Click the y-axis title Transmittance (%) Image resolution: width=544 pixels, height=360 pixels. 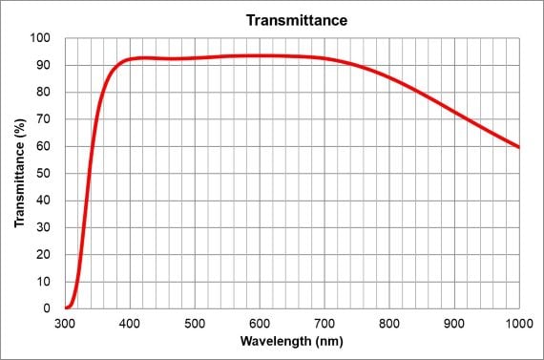[20, 172]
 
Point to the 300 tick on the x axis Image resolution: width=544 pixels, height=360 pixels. [65, 323]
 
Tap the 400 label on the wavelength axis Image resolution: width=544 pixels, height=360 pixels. [130, 323]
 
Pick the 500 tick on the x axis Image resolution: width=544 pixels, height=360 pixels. [195, 323]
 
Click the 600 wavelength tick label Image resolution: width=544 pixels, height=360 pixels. [260, 323]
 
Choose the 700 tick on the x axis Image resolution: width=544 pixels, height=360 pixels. [324, 323]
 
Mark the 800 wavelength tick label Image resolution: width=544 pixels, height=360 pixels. [389, 323]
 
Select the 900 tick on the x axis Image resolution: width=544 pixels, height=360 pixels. [454, 323]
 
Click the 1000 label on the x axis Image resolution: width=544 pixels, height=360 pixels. [518, 323]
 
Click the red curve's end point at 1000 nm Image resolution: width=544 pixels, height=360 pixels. [518, 147]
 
